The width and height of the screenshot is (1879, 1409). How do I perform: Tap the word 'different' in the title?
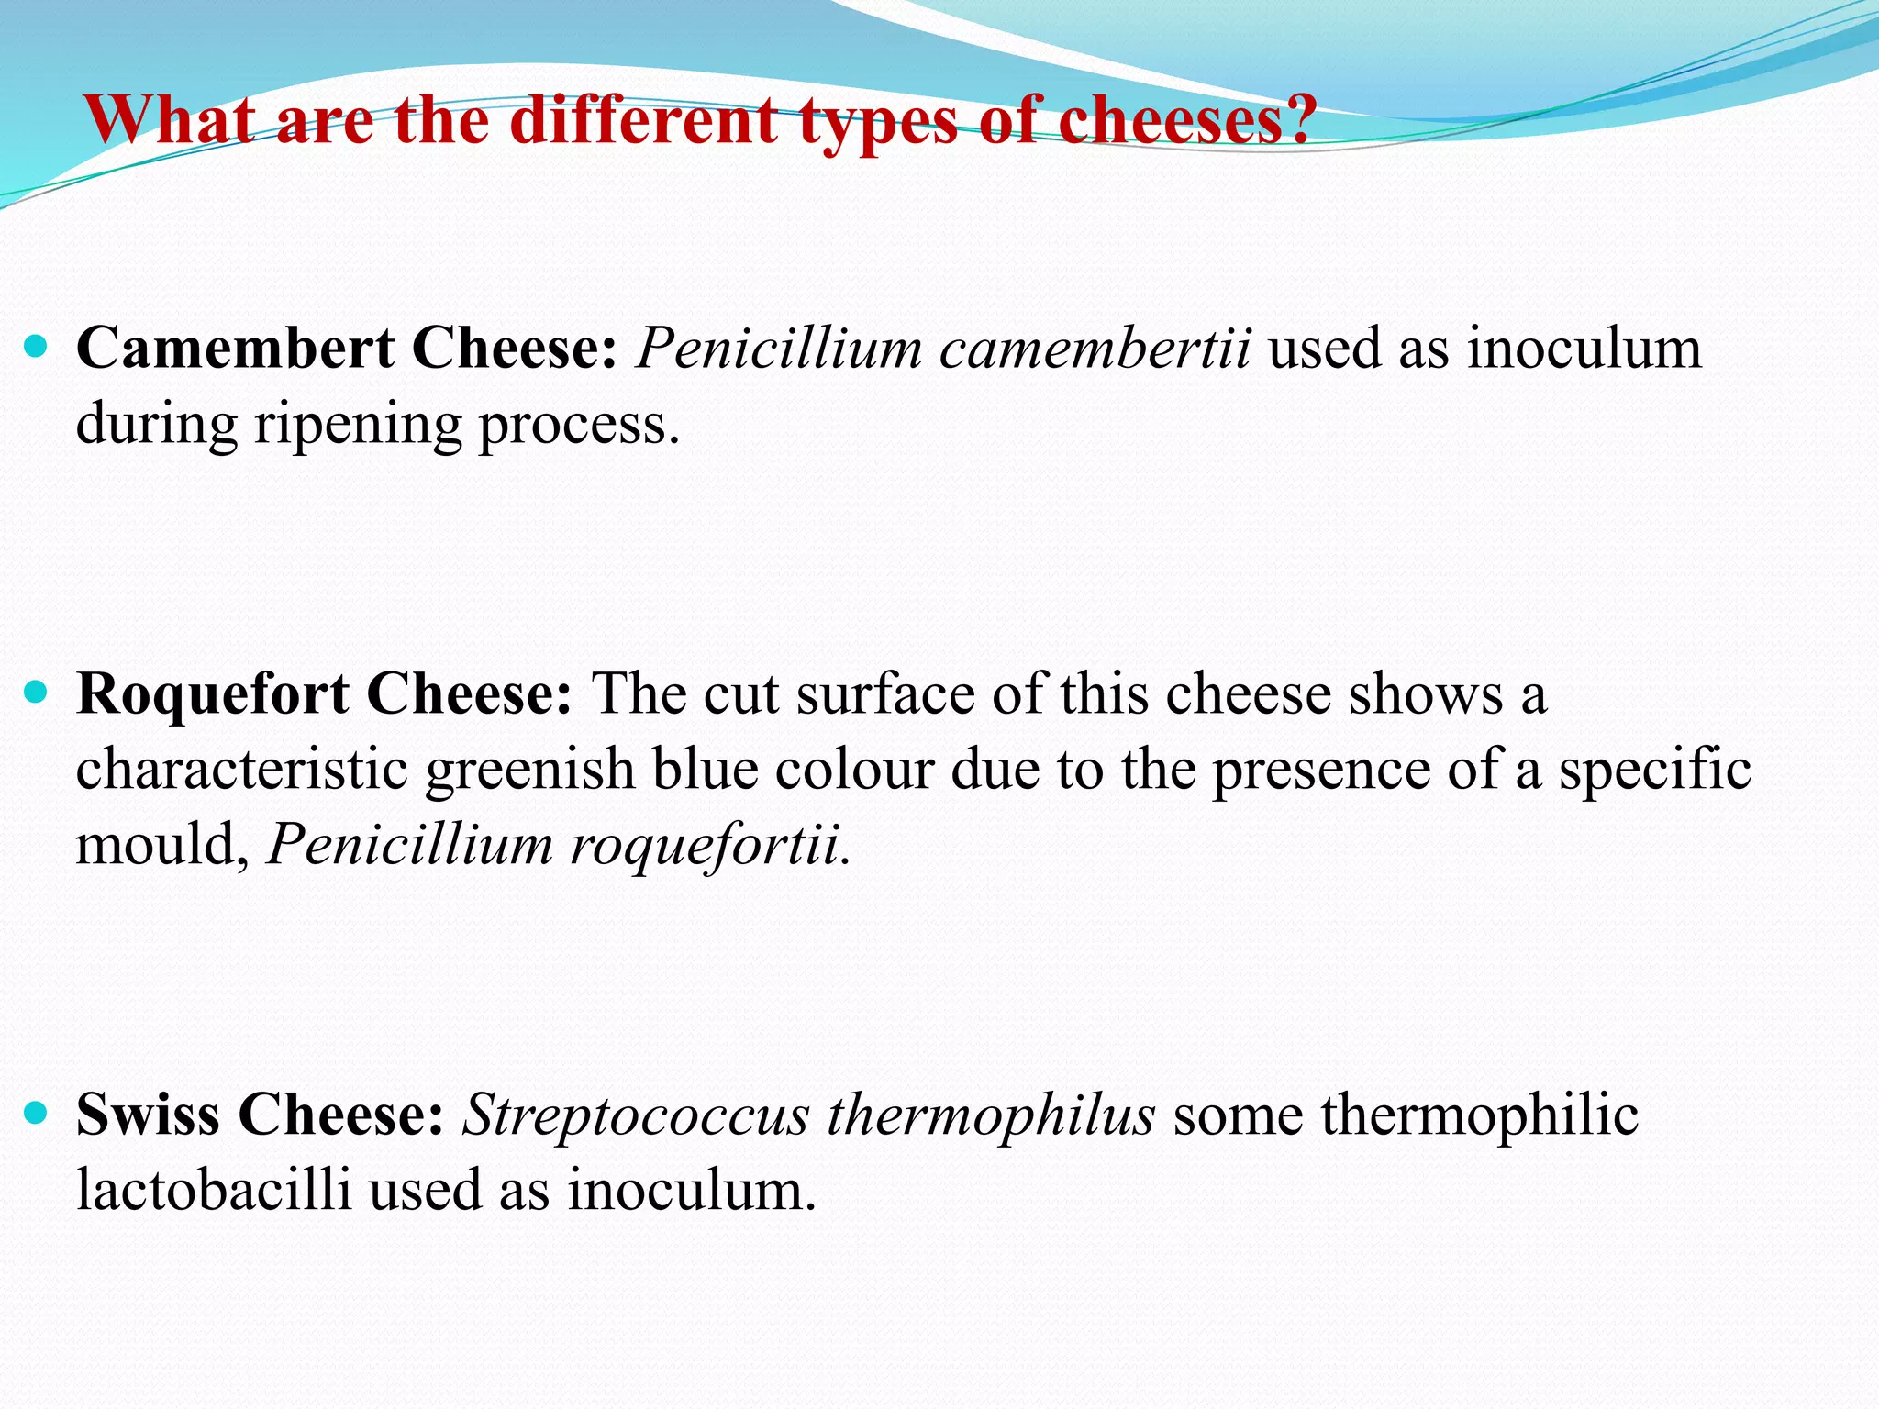click(643, 121)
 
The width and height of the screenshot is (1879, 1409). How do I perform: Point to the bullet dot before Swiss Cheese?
click(36, 1114)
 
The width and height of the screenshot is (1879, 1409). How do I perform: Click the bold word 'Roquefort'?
click(212, 693)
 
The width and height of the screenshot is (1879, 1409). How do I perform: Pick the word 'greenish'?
click(530, 769)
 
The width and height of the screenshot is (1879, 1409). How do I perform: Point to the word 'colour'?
click(854, 769)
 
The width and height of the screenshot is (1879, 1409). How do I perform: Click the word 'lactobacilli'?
click(214, 1191)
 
